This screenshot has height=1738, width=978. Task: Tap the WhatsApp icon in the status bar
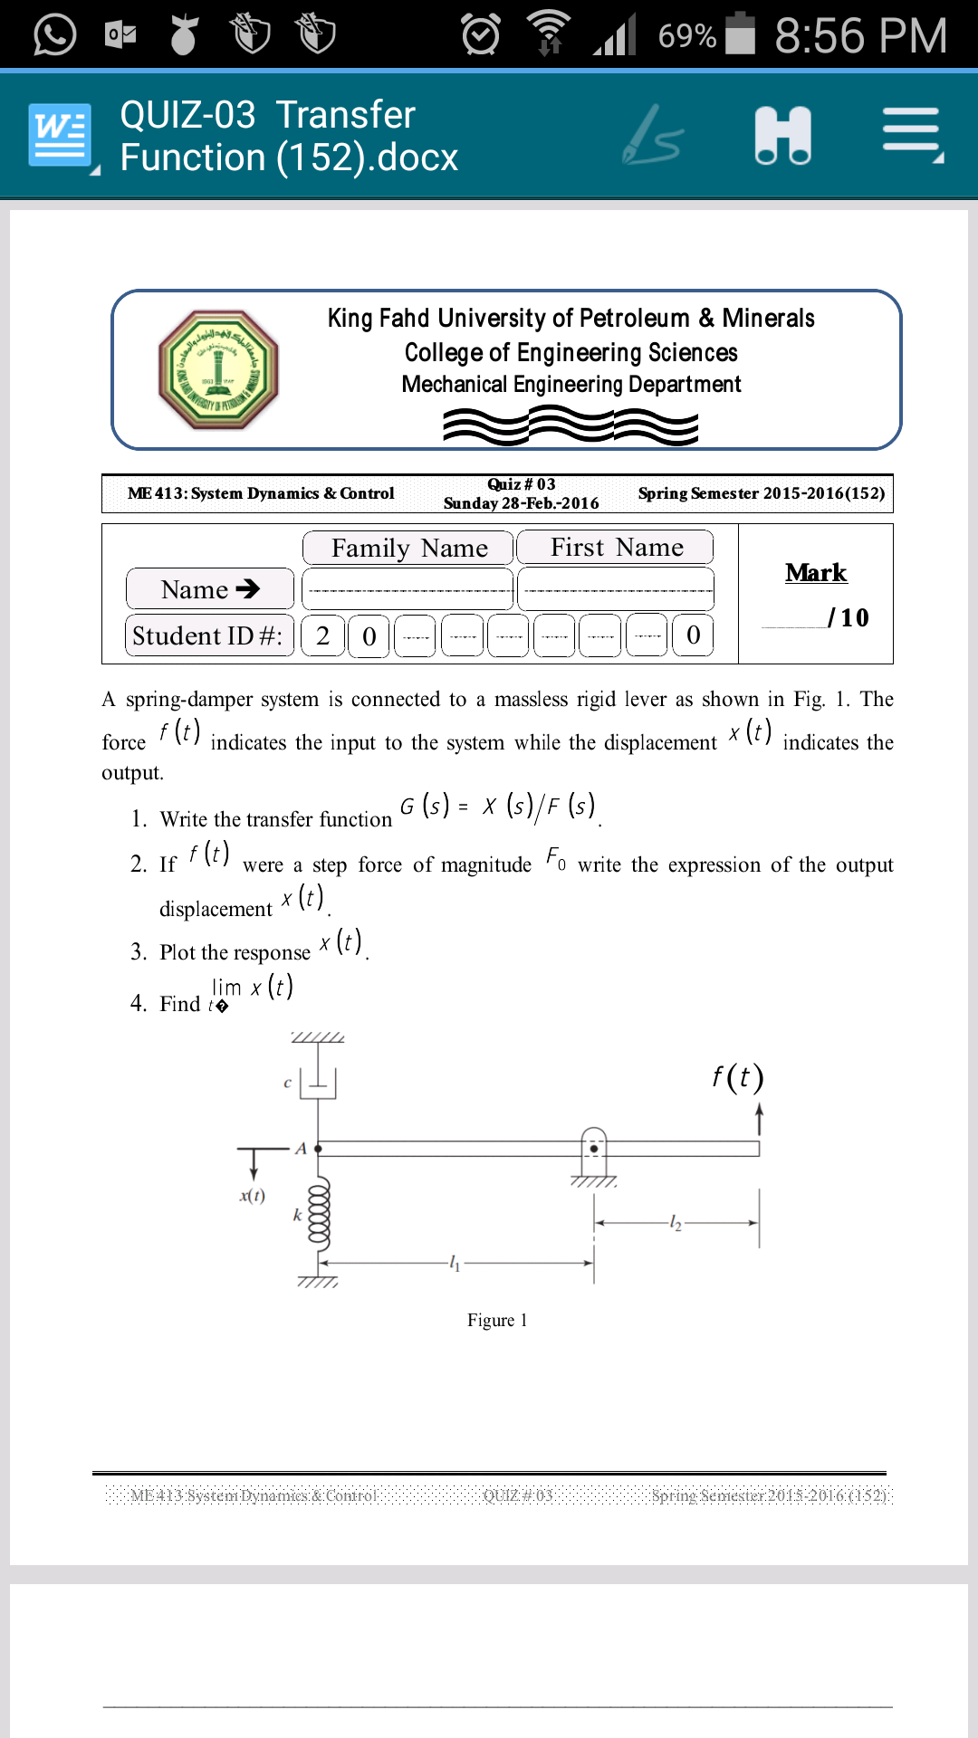[54, 35]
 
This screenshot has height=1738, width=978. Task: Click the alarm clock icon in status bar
[480, 35]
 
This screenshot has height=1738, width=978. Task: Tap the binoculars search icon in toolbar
[782, 136]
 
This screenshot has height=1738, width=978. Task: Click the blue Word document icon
[60, 136]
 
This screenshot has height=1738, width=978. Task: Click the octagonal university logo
[218, 369]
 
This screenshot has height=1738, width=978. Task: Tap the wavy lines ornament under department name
[570, 425]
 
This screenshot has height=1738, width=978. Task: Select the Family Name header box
[408, 548]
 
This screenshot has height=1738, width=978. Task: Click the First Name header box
[616, 548]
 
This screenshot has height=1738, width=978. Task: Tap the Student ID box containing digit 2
[322, 635]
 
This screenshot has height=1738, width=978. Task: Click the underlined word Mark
[815, 572]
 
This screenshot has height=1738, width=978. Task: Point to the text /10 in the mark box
[849, 617]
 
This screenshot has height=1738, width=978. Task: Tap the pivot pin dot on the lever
[594, 1149]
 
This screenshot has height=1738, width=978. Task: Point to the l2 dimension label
[675, 1223]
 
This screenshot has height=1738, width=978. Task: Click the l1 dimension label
[455, 1263]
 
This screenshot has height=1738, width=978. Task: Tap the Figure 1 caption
[497, 1320]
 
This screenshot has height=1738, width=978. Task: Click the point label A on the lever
[301, 1148]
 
